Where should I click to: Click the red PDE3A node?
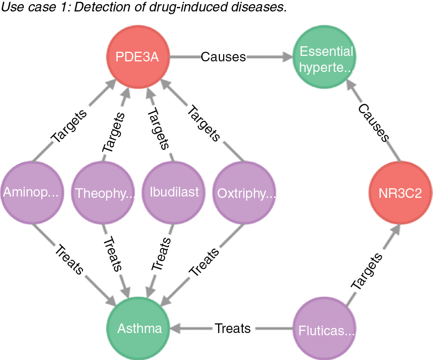pyautogui.click(x=138, y=58)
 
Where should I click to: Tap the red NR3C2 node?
pyautogui.click(x=401, y=194)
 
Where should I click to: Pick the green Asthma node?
pyautogui.click(x=139, y=329)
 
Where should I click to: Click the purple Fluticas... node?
pyautogui.click(x=326, y=330)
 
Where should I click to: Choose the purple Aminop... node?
pyautogui.click(x=31, y=192)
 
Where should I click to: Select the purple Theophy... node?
pyautogui.click(x=105, y=192)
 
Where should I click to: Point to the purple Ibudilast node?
pyautogui.click(x=175, y=191)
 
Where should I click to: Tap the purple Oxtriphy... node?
pyautogui.click(x=246, y=192)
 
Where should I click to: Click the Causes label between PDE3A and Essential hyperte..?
pyautogui.click(x=223, y=57)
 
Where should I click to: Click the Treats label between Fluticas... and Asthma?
pyautogui.click(x=233, y=328)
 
